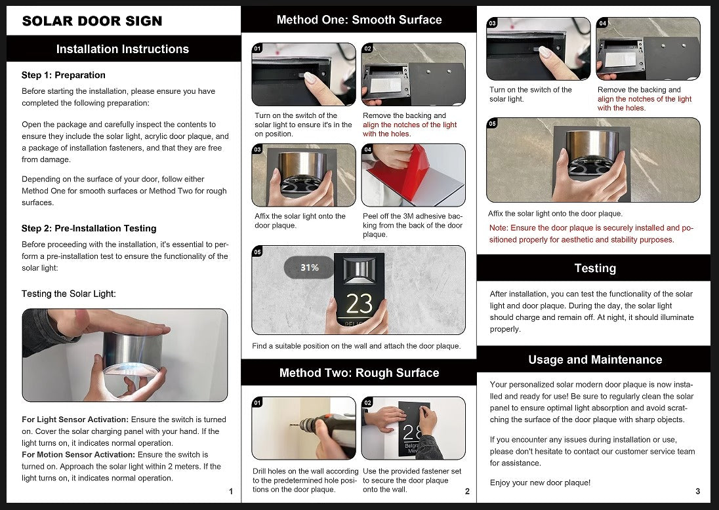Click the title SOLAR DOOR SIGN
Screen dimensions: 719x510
[x=92, y=21]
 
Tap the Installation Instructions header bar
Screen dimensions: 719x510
[x=123, y=49]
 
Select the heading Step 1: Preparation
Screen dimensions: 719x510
[x=63, y=75]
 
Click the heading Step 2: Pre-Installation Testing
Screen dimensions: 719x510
[x=89, y=228]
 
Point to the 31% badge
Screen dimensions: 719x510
[x=309, y=267]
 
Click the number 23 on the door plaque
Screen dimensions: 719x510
[x=359, y=304]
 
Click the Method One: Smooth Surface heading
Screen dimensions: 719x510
[x=359, y=20]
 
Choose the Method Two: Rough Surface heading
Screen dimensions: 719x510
[x=359, y=373]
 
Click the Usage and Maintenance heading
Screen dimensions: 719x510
[x=595, y=360]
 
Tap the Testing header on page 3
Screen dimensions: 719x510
[x=595, y=268]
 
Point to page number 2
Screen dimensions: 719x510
[x=467, y=491]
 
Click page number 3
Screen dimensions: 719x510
[x=698, y=491]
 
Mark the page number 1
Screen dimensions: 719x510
[x=231, y=491]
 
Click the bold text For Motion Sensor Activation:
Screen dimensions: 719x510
[x=79, y=454]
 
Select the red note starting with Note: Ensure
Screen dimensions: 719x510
[x=591, y=233]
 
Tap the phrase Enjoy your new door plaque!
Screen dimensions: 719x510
[x=540, y=482]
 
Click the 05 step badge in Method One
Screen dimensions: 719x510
[x=257, y=252]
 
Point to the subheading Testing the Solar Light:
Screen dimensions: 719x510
[x=69, y=294]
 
